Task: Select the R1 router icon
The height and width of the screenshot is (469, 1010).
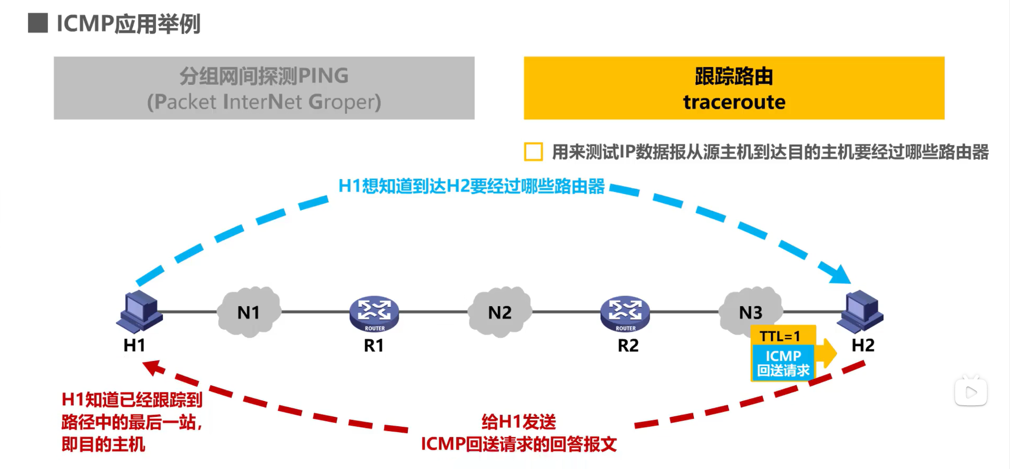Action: pyautogui.click(x=374, y=313)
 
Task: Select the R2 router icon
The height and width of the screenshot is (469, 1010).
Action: pyautogui.click(x=625, y=313)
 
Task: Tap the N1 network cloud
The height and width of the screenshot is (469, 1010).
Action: pyautogui.click(x=249, y=312)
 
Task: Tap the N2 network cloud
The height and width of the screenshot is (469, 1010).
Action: pyautogui.click(x=499, y=312)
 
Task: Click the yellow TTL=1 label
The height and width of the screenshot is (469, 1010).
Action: pyautogui.click(x=780, y=336)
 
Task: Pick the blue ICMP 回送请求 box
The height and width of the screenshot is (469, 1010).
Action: pyautogui.click(x=783, y=363)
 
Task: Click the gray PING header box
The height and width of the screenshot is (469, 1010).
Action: pyautogui.click(x=264, y=88)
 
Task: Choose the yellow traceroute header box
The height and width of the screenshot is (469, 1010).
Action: pyautogui.click(x=734, y=88)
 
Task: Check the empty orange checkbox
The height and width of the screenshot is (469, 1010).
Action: pyautogui.click(x=533, y=152)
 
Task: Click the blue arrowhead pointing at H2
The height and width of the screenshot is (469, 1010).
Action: pyautogui.click(x=838, y=274)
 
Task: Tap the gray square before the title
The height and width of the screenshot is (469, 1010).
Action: pyautogui.click(x=38, y=23)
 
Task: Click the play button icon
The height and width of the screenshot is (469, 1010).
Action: pyautogui.click(x=971, y=393)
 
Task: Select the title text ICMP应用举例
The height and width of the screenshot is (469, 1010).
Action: pyautogui.click(x=129, y=24)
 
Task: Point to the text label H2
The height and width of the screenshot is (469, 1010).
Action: pyautogui.click(x=863, y=345)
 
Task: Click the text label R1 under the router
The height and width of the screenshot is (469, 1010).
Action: pyautogui.click(x=374, y=346)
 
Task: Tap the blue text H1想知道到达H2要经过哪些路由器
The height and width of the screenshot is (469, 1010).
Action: pyautogui.click(x=472, y=186)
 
